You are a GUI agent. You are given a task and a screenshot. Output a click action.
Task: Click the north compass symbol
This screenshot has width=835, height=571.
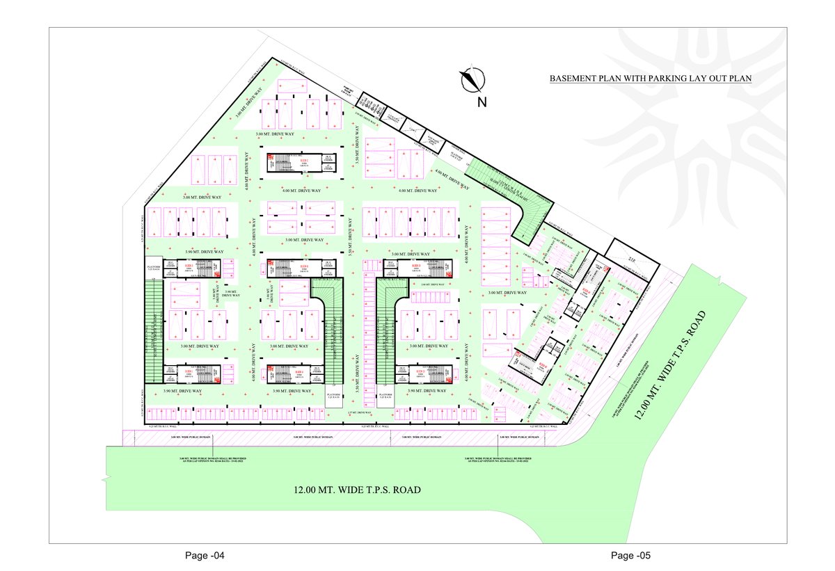coord(472,79)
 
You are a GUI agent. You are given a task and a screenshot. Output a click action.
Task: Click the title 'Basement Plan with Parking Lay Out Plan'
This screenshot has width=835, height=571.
coord(651,79)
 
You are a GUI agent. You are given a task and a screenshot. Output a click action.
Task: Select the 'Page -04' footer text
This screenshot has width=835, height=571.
coord(205,556)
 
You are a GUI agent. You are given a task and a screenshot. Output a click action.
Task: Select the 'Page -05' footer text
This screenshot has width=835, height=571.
coord(630,556)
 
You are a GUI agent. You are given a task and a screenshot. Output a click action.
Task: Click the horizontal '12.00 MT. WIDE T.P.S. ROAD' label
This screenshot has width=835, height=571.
coord(357,490)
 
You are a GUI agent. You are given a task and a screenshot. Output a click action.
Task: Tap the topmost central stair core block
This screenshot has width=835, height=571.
coord(293,161)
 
